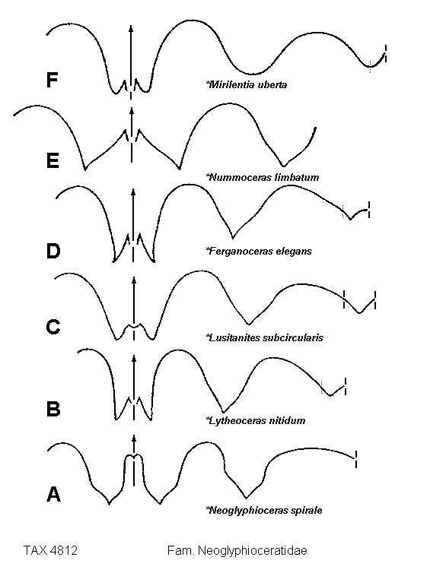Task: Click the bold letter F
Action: pos(53,80)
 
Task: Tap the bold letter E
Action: pos(53,160)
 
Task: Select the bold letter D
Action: pos(53,251)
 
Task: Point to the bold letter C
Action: pos(53,326)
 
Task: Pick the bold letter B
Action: pos(53,409)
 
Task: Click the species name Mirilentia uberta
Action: pos(247,85)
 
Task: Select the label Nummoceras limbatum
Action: pos(263,177)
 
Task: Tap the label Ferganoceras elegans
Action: pos(259,251)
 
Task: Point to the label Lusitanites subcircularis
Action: pos(265,337)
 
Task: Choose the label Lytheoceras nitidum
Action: pos(256,420)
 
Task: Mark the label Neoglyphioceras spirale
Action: pos(264,510)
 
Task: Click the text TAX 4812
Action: pos(50,550)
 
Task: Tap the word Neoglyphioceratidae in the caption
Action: pos(253,550)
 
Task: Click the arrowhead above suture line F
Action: pos(132,29)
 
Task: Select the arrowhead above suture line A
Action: pos(134,438)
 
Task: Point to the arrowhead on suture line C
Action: pos(134,280)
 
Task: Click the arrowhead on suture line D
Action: pos(133,192)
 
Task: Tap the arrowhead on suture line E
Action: pos(132,111)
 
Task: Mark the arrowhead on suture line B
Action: pos(134,359)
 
